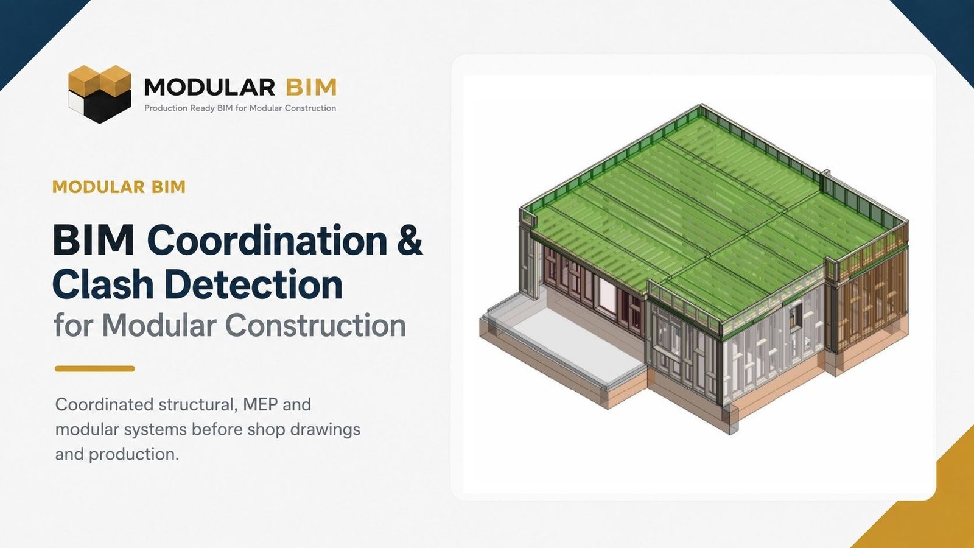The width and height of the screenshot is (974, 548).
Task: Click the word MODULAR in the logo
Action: pyautogui.click(x=209, y=87)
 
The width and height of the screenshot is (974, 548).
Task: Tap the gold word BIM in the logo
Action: pyautogui.click(x=311, y=87)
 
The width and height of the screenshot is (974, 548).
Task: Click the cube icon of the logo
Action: pyautogui.click(x=100, y=94)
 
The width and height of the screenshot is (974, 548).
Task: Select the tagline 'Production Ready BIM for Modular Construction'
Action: pyautogui.click(x=240, y=108)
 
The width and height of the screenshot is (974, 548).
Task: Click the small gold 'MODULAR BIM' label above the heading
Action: pyautogui.click(x=119, y=187)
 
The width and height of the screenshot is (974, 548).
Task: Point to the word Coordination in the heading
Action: pyautogui.click(x=267, y=241)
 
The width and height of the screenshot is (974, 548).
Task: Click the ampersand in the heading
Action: pyautogui.click(x=409, y=241)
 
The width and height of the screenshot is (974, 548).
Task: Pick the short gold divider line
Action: pyautogui.click(x=95, y=369)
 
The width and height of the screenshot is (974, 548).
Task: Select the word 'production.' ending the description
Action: pyautogui.click(x=134, y=455)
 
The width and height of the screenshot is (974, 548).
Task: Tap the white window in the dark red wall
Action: pyautogui.click(x=608, y=296)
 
